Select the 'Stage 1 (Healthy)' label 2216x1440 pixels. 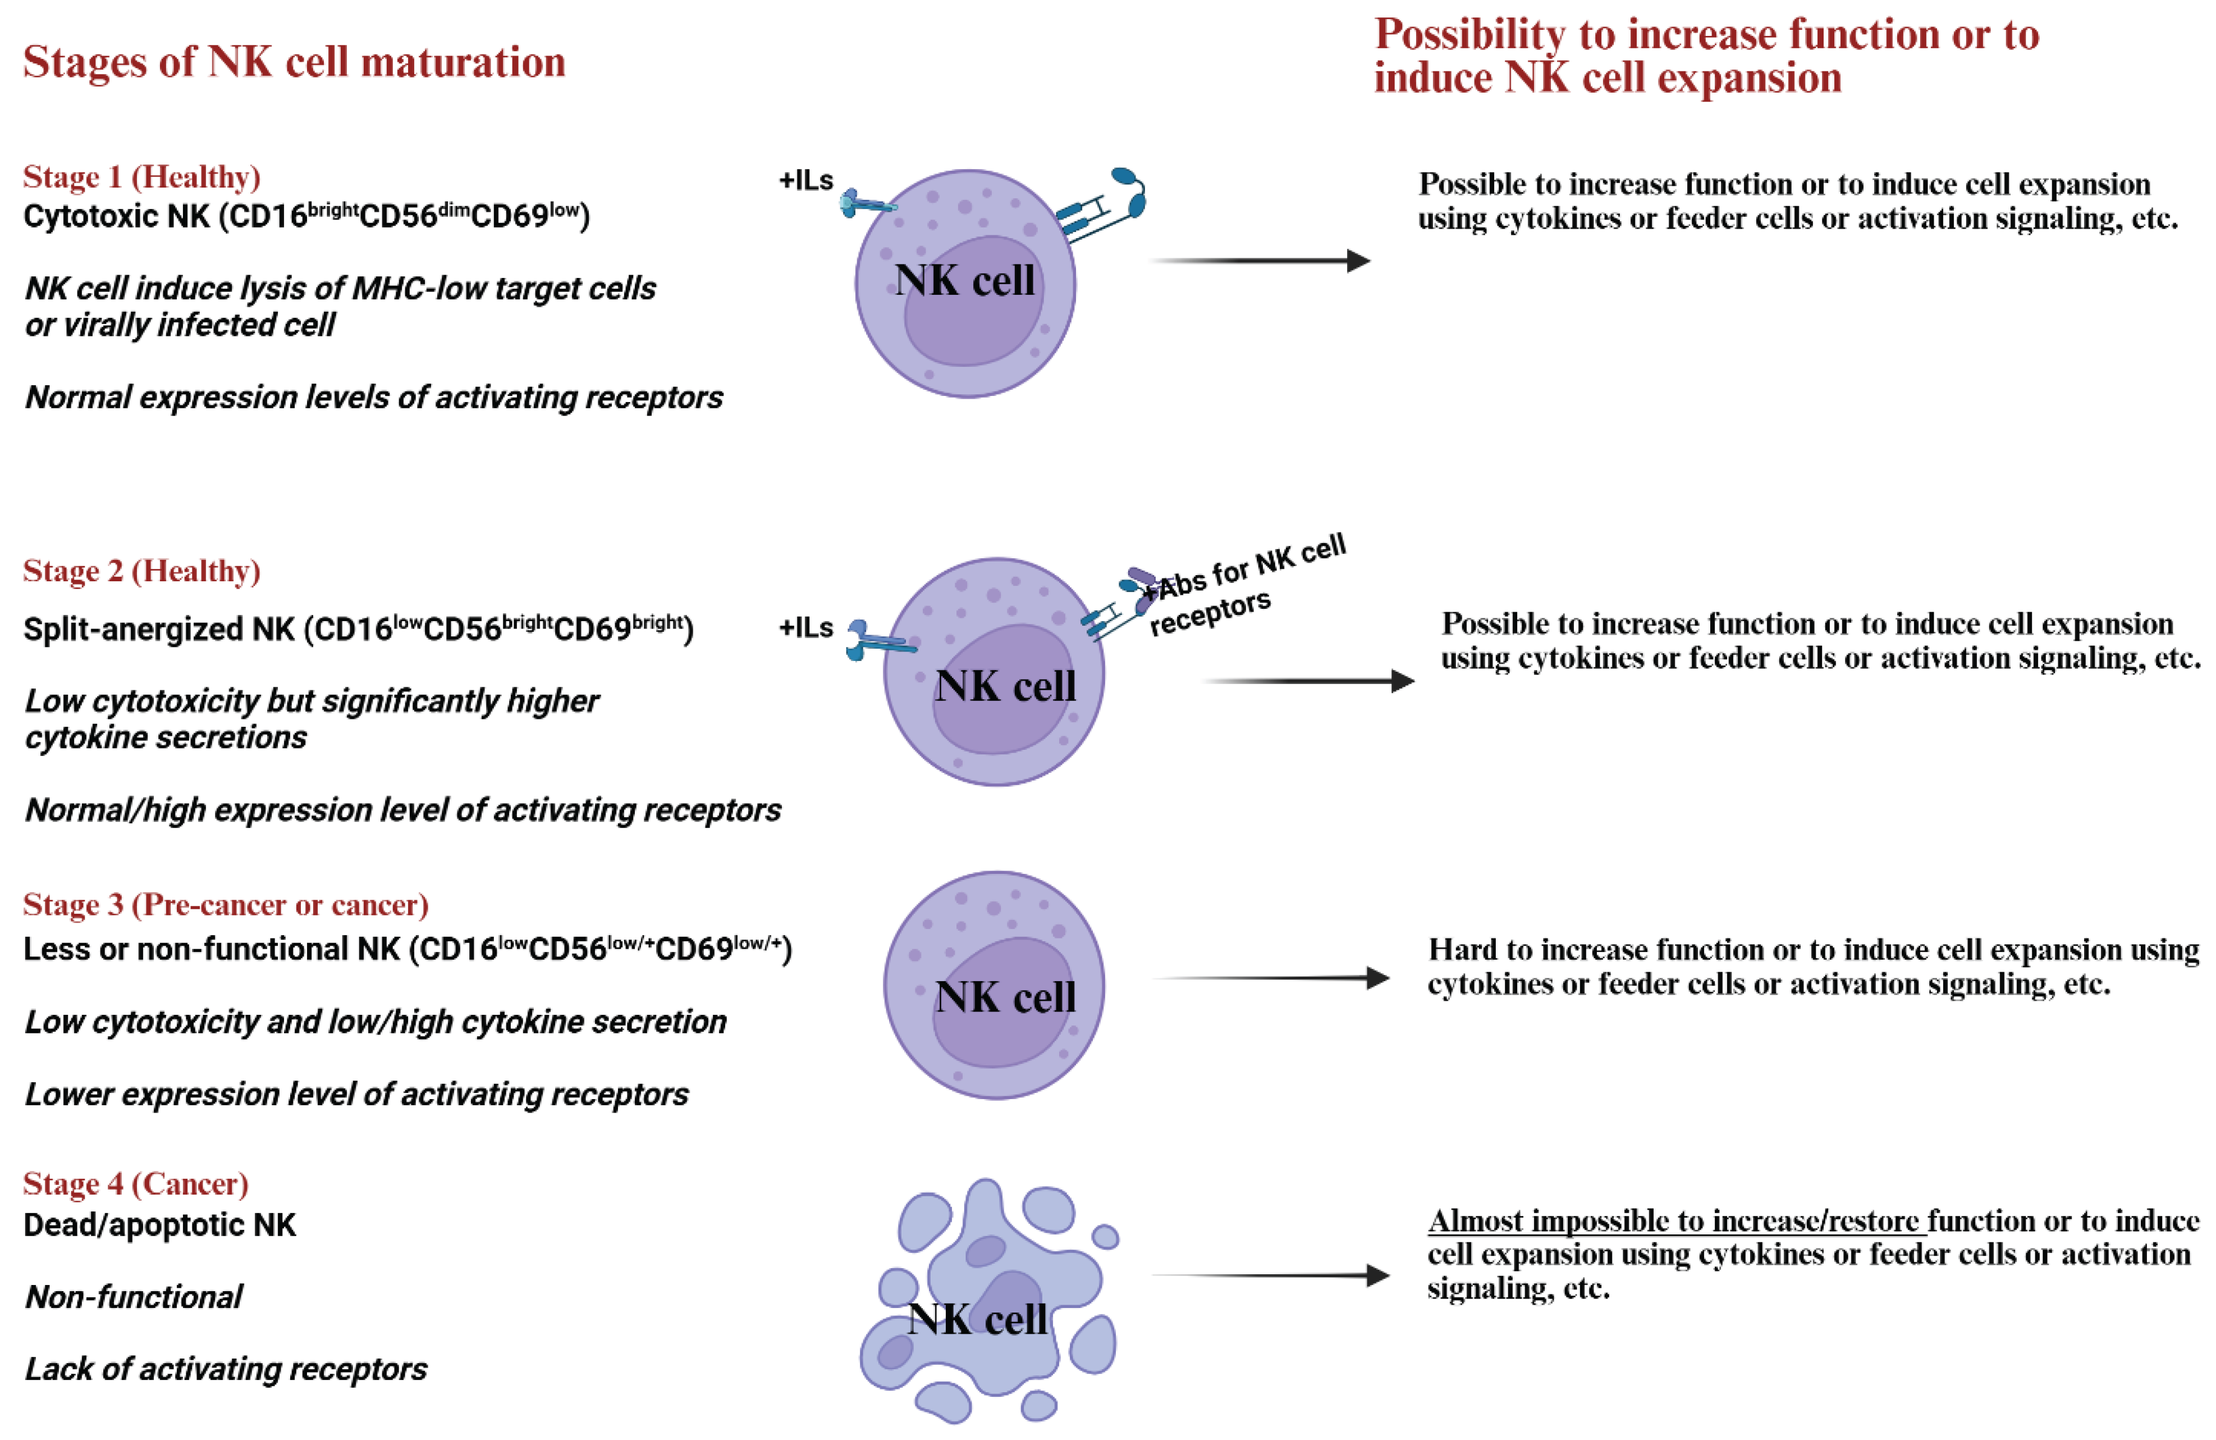point(141,177)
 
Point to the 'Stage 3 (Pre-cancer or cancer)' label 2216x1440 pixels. point(225,904)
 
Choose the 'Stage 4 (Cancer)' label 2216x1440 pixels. point(136,1184)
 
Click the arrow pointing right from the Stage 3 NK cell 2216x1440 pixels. point(1271,978)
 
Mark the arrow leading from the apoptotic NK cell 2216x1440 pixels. point(1271,1275)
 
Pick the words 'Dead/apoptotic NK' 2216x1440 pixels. point(159,1225)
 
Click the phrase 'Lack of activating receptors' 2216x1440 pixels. point(225,1369)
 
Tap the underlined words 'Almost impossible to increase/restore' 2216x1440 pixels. point(1676,1221)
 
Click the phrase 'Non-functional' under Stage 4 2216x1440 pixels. point(134,1297)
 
